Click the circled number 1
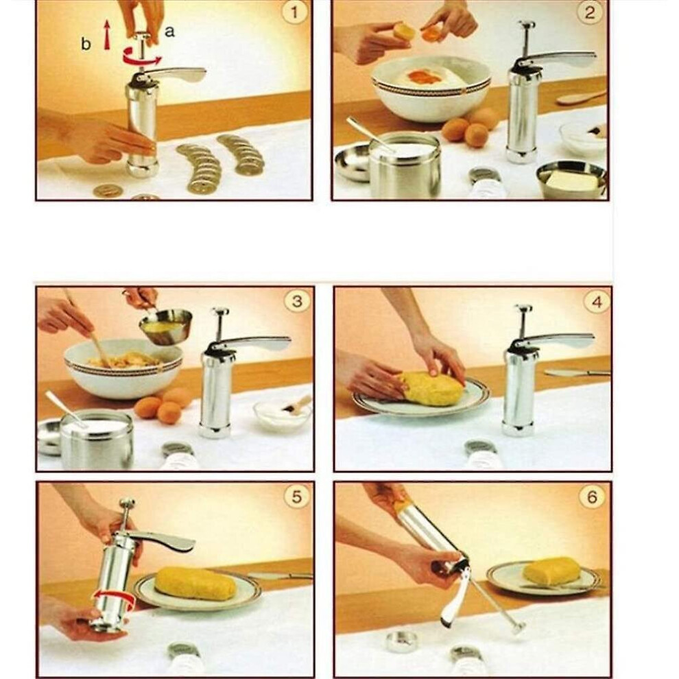(x=294, y=12)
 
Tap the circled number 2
(x=590, y=12)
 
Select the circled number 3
(x=296, y=301)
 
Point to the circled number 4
(x=597, y=301)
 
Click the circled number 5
(x=296, y=497)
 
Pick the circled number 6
(x=592, y=497)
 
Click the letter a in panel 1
(x=169, y=31)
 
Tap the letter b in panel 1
(x=86, y=43)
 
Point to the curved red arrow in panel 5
(x=113, y=599)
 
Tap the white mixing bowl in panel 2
(x=431, y=88)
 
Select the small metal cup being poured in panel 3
(x=166, y=325)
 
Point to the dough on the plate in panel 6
(x=551, y=571)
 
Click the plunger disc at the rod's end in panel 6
(x=516, y=627)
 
